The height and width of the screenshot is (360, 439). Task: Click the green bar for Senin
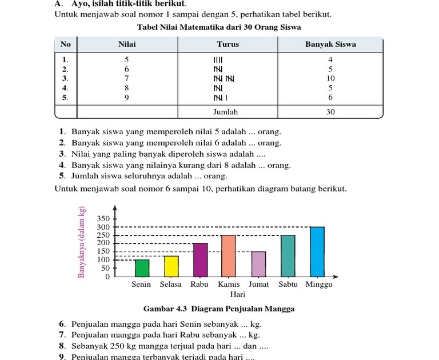pos(142,268)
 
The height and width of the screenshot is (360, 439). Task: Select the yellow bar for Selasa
pos(171,266)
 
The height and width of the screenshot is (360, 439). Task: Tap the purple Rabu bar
pos(200,260)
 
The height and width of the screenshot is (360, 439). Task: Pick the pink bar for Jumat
pos(258,264)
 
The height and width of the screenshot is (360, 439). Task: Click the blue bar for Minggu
pos(317,251)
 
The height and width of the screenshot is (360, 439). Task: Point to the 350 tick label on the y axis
pos(103,219)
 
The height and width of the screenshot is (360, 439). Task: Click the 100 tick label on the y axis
pos(103,260)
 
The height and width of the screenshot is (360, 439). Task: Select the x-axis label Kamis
pos(229,284)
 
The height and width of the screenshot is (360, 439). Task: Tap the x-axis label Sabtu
pos(288,284)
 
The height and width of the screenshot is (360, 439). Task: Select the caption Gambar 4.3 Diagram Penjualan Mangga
pos(219,309)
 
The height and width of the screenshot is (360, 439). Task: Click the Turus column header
pos(228,44)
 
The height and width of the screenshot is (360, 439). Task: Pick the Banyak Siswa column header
pos(330,44)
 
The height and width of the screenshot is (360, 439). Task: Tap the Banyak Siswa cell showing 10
pos(330,78)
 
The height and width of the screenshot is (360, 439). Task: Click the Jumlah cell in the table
pos(225,112)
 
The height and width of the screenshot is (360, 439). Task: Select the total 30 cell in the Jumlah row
pos(330,112)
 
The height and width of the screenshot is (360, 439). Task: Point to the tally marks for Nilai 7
pos(224,78)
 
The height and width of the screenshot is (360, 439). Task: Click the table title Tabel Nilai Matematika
pos(219,27)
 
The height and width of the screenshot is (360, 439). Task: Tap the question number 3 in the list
pos(62,154)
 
